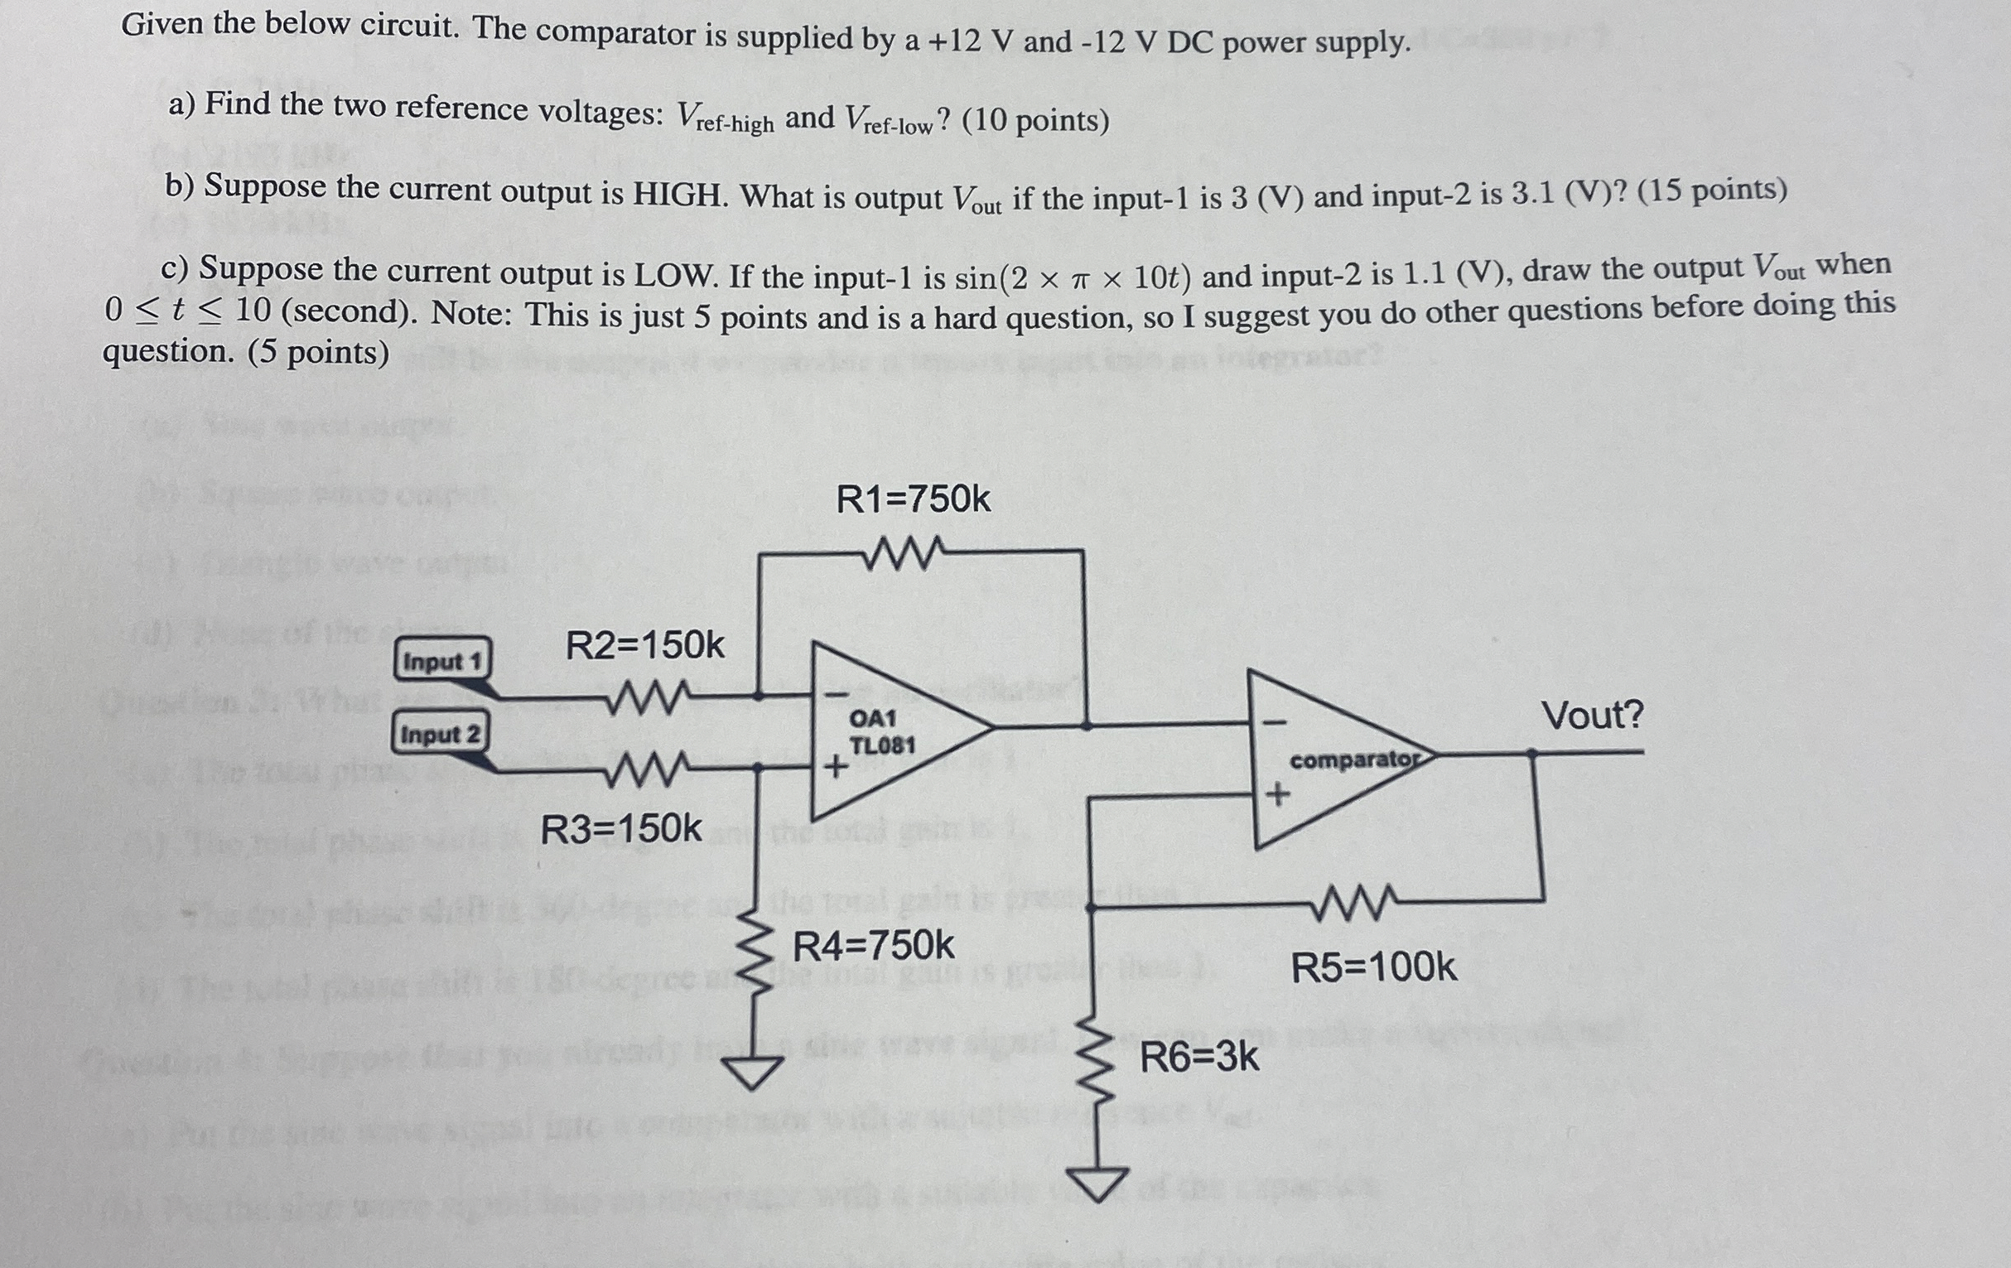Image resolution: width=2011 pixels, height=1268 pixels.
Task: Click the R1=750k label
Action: coord(913,499)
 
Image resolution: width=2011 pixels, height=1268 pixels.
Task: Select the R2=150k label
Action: coord(644,646)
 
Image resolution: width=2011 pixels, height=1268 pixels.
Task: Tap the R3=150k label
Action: coord(621,828)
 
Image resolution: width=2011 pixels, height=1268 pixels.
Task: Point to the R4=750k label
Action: coord(873,946)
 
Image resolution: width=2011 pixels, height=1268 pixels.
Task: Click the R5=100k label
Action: coord(1374,967)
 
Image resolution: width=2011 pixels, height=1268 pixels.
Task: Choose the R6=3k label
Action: coord(1199,1058)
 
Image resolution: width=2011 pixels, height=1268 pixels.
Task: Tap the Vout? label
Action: coord(1592,716)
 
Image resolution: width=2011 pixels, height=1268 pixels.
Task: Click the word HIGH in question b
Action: coord(679,194)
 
